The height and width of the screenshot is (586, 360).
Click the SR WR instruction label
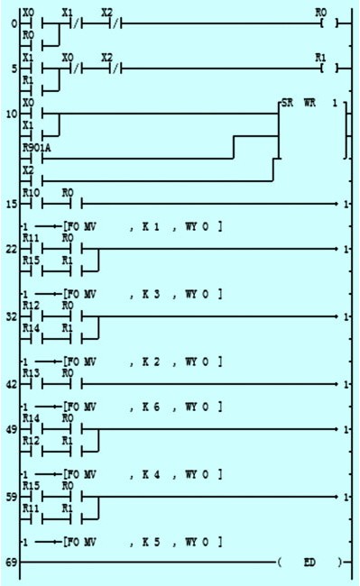click(x=298, y=105)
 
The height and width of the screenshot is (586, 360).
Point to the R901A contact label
click(x=34, y=144)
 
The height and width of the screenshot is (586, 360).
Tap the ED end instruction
click(x=309, y=563)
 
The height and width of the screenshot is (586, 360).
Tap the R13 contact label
click(x=31, y=372)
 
